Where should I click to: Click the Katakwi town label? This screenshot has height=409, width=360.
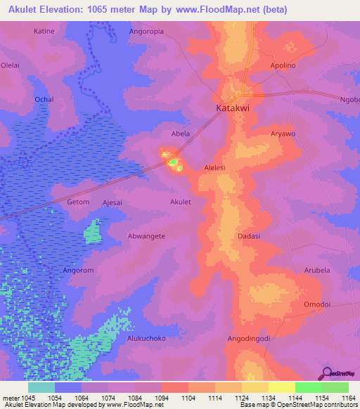tap(233, 110)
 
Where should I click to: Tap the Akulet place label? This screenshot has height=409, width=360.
tap(181, 202)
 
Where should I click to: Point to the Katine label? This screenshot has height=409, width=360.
tap(44, 32)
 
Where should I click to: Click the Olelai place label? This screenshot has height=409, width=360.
tap(11, 65)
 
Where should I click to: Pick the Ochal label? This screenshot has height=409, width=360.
tap(44, 100)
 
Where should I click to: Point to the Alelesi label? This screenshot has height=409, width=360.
tap(214, 168)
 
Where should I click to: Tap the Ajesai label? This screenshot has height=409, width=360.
tap(112, 202)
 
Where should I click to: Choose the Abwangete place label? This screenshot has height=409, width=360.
tap(146, 236)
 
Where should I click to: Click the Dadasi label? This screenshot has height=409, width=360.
tap(250, 236)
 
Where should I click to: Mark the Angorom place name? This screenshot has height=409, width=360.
tap(78, 270)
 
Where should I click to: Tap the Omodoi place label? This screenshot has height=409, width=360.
tap(316, 304)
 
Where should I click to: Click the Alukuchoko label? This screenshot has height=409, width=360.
tap(146, 338)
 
